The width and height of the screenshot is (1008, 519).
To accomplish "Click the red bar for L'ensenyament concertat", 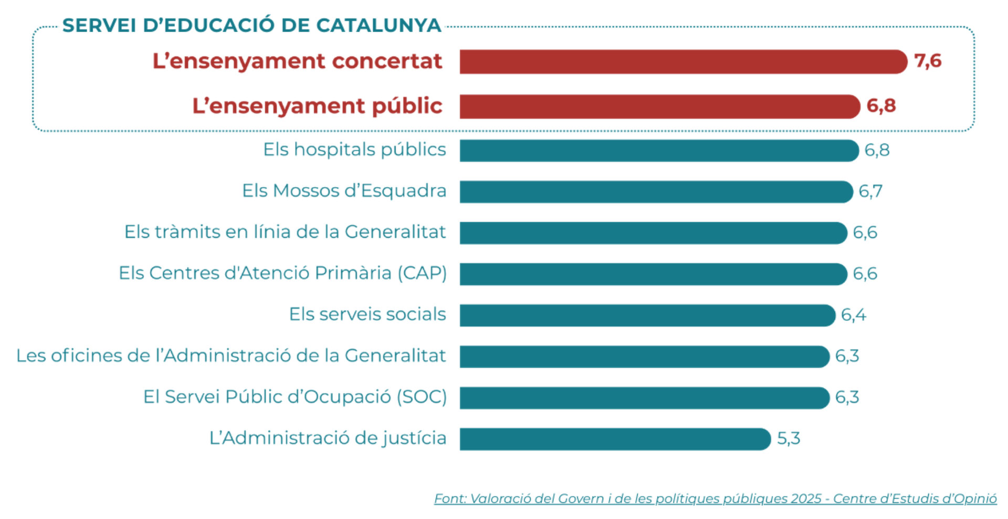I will pos(682,62).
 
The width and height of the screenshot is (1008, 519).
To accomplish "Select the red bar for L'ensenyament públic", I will pos(659,107).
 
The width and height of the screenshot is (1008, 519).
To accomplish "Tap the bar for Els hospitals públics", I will pos(658,151).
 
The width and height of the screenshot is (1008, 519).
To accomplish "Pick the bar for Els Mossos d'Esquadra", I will pos(656,192).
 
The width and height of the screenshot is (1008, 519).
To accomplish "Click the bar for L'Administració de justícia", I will pos(614,439).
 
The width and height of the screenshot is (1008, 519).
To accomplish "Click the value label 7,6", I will pos(928,61).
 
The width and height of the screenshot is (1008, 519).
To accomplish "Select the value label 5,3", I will pos(789,439).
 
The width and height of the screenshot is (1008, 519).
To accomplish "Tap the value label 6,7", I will pos(870,191).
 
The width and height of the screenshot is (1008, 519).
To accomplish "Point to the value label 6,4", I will pos(854,315).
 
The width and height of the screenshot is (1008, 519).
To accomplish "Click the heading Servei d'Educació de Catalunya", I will pos(251,26).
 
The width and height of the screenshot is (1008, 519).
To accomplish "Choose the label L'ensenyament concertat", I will pos(297,61).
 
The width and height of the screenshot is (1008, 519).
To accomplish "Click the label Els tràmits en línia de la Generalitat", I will pos(285,232).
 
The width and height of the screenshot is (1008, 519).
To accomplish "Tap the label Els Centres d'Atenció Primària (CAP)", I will pos(282,273).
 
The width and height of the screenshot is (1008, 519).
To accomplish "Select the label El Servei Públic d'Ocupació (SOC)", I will pos(295,397).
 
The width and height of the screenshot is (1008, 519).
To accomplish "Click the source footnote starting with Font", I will pos(715,499).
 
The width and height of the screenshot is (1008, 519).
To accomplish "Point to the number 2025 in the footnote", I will pos(806,499).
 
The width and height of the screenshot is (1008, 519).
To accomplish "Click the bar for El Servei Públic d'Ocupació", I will pos(644,398).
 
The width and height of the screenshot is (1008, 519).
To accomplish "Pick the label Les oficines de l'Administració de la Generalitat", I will pos(231,356).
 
